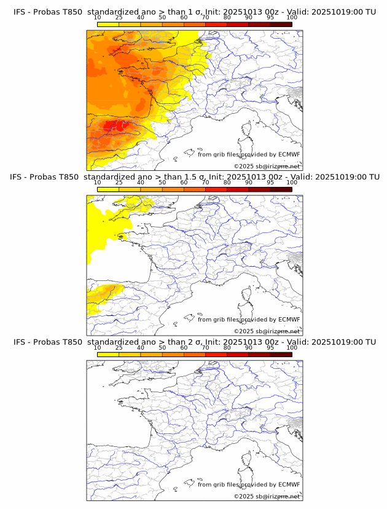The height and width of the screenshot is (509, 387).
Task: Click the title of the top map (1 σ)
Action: click(194, 12)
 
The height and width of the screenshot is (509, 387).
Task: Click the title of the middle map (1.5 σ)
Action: click(194, 177)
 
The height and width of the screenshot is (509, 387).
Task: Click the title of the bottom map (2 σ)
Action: click(194, 342)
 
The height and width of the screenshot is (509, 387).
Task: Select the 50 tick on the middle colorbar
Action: click(162, 183)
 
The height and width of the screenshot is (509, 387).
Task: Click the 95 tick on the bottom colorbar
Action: click(270, 348)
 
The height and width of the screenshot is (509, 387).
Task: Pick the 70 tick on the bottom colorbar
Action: click(205, 348)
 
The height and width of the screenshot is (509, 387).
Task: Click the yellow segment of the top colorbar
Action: click(107, 24)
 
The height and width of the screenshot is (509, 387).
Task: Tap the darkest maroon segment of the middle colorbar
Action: click(281, 189)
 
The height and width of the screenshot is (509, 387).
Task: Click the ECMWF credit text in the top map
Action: click(249, 154)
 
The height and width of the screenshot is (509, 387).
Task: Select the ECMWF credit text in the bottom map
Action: click(249, 484)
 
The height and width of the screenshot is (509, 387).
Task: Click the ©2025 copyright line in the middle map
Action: click(267, 331)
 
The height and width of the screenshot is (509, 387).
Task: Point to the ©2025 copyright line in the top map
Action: click(267, 166)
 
